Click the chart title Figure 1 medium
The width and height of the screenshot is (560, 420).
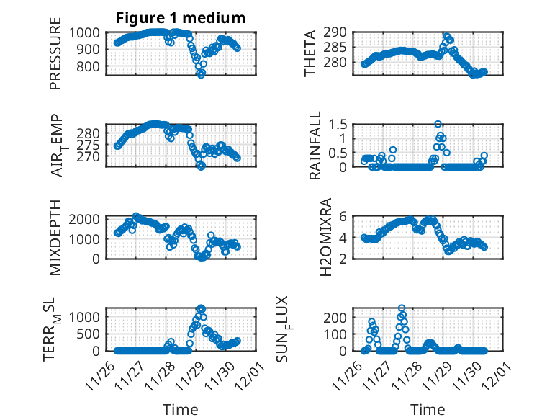point(181,17)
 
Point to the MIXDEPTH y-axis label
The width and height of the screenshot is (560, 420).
point(55,237)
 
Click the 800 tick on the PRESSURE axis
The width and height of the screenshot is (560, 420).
point(91,67)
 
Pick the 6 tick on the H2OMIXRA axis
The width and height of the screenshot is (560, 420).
point(346,216)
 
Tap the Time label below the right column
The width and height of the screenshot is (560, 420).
point(428,409)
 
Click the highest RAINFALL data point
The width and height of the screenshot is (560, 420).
point(438,124)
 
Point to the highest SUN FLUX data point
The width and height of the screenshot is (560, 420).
point(402,308)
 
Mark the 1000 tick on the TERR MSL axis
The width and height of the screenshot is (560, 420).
point(87,316)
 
